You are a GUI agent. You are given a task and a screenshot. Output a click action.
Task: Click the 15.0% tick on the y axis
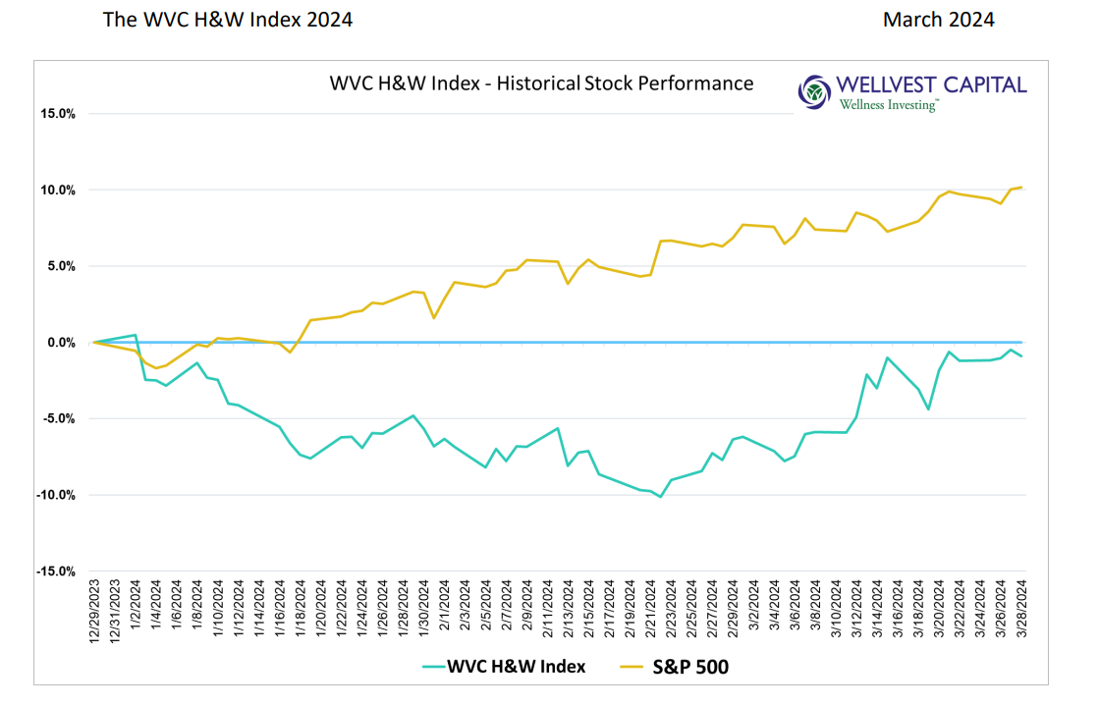(57, 114)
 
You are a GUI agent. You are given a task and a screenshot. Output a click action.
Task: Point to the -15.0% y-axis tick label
(55, 572)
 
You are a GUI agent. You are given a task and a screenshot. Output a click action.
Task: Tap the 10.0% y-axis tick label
(57, 191)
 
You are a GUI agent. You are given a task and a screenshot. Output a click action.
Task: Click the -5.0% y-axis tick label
(57, 419)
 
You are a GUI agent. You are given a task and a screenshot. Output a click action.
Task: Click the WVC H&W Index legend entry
(504, 667)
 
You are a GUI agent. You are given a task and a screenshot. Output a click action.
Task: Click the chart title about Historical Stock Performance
(541, 83)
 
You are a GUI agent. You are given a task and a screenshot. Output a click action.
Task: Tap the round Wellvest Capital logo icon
(814, 91)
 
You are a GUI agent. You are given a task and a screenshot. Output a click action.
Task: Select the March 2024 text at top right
(938, 20)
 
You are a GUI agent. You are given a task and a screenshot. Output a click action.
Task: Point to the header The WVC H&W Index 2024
(227, 20)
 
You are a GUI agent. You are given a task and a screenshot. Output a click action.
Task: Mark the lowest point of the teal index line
(660, 497)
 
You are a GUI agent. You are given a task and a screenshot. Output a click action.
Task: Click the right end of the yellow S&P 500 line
(1022, 188)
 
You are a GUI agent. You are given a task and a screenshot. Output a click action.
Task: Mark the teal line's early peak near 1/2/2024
(135, 335)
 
